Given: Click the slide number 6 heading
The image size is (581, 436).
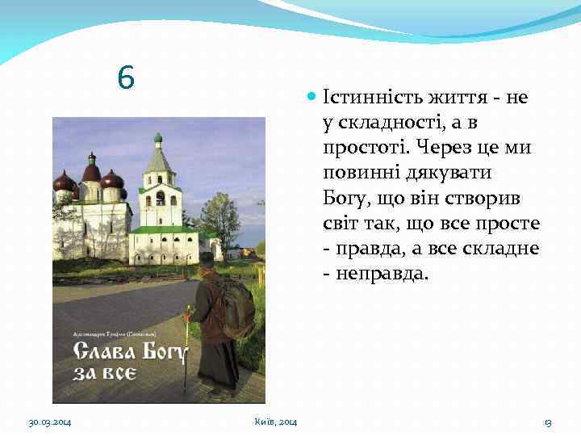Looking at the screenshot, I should click(126, 78).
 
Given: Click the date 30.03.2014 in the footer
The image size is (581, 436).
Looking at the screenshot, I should click(49, 421).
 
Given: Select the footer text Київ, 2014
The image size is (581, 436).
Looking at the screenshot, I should click(274, 421).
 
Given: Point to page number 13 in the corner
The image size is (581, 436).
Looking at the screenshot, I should click(547, 421).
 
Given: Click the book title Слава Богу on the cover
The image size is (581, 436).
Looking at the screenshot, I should click(131, 353).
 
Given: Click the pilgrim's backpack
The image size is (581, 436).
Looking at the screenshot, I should click(236, 306).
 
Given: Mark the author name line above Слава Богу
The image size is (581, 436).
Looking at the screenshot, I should click(119, 333).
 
